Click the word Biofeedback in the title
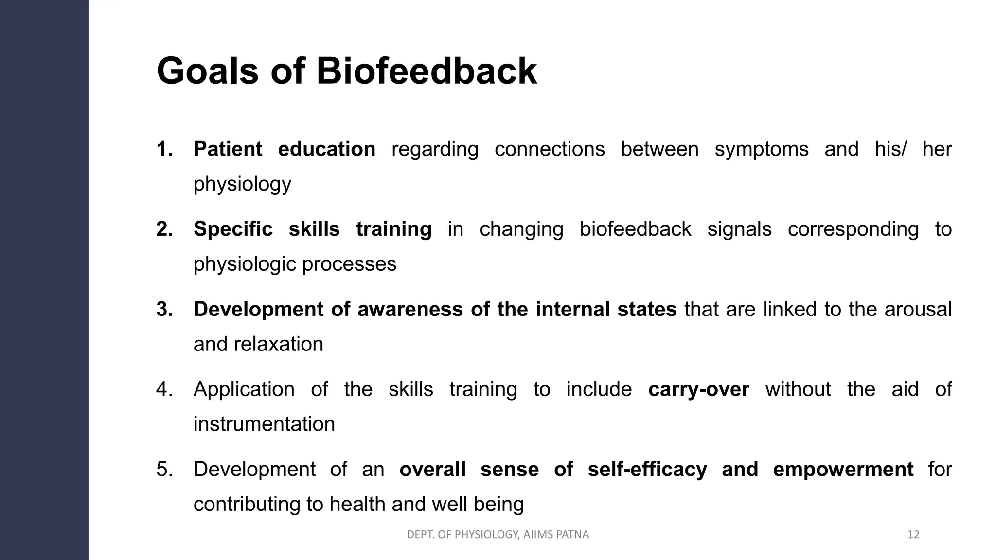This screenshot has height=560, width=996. [x=427, y=71]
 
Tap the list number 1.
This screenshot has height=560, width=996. [x=164, y=149]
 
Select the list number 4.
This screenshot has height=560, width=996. [x=164, y=389]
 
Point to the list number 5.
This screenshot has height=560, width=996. [x=164, y=470]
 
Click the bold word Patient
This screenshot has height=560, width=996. [x=228, y=149]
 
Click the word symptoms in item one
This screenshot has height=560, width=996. [x=761, y=149]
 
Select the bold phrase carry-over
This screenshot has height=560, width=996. [x=698, y=389]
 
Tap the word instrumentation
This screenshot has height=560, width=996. [x=264, y=424]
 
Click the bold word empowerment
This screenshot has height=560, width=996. [x=843, y=470]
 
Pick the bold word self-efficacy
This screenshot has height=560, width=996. [x=647, y=470]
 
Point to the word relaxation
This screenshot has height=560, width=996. [x=278, y=344]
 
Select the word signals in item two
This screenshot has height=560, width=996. [x=739, y=229]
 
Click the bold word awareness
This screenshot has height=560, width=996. [x=409, y=309]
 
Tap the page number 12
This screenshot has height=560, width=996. [x=913, y=535]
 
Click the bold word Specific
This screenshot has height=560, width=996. [x=233, y=229]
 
